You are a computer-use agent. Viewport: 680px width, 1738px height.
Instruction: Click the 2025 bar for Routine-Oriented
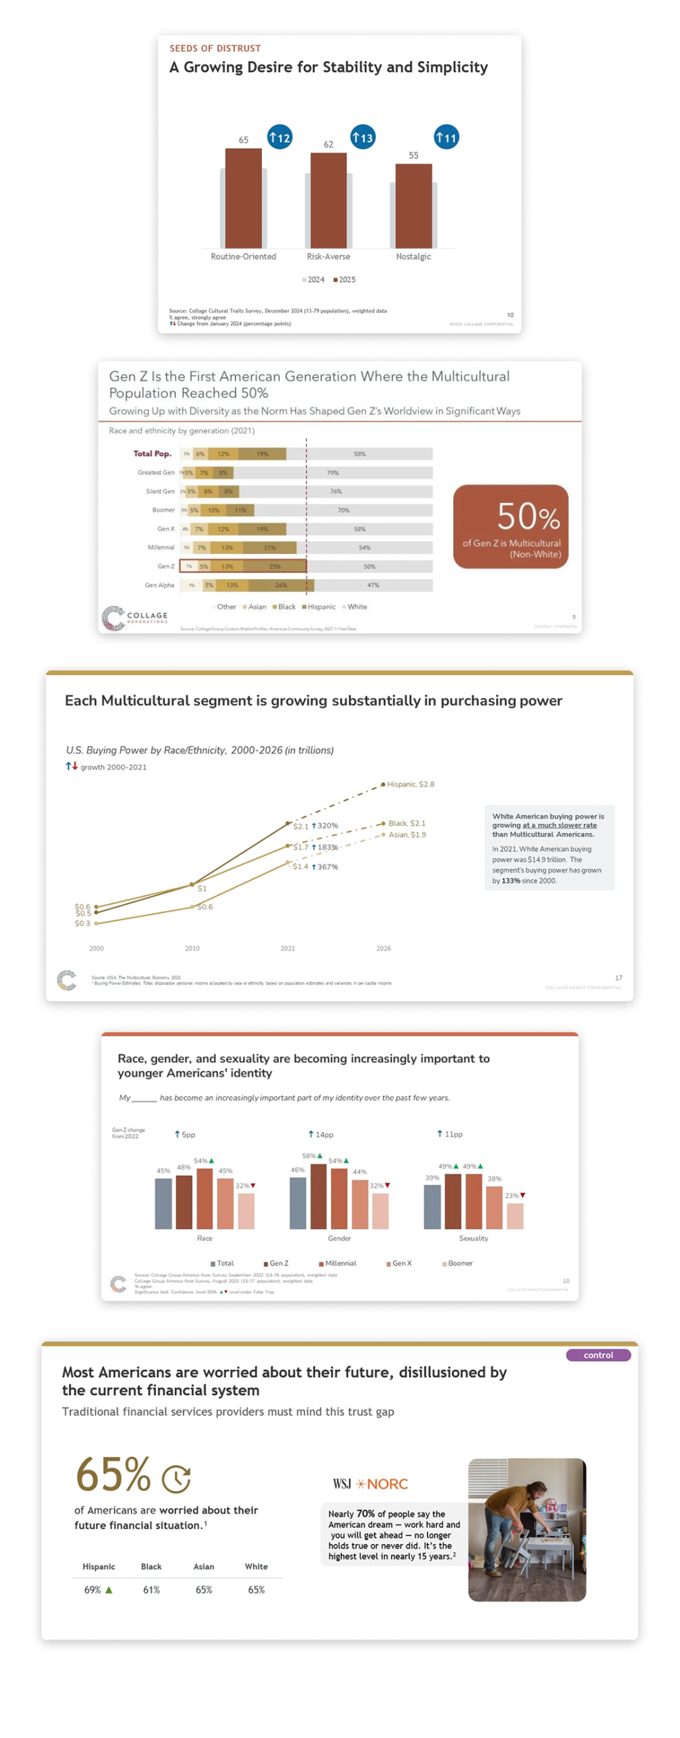point(243,198)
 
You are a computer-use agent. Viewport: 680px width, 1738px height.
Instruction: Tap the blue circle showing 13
point(362,137)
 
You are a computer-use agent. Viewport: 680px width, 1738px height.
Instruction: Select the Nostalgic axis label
point(413,256)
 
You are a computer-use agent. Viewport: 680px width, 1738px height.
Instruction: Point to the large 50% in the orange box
point(528,517)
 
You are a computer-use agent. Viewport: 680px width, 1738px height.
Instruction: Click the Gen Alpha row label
point(159,585)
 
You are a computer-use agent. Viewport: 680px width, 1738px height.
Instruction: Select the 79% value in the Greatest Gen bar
point(333,473)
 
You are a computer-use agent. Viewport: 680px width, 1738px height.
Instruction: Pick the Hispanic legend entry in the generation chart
point(318,606)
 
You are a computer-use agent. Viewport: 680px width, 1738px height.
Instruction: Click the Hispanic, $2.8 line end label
point(410,783)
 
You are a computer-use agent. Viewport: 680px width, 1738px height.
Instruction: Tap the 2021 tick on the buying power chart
point(288,948)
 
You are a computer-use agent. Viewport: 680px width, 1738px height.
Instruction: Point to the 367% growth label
point(325,867)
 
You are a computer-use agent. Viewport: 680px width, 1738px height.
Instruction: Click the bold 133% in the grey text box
point(510,881)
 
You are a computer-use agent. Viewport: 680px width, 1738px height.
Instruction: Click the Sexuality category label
point(473,1238)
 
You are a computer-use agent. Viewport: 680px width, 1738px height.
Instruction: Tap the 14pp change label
point(321,1134)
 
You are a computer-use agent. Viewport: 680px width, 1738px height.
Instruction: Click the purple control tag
point(598,1355)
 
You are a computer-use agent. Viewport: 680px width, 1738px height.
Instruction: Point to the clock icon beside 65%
point(176,1479)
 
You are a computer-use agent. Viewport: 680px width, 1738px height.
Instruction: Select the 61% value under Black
point(151,1590)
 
